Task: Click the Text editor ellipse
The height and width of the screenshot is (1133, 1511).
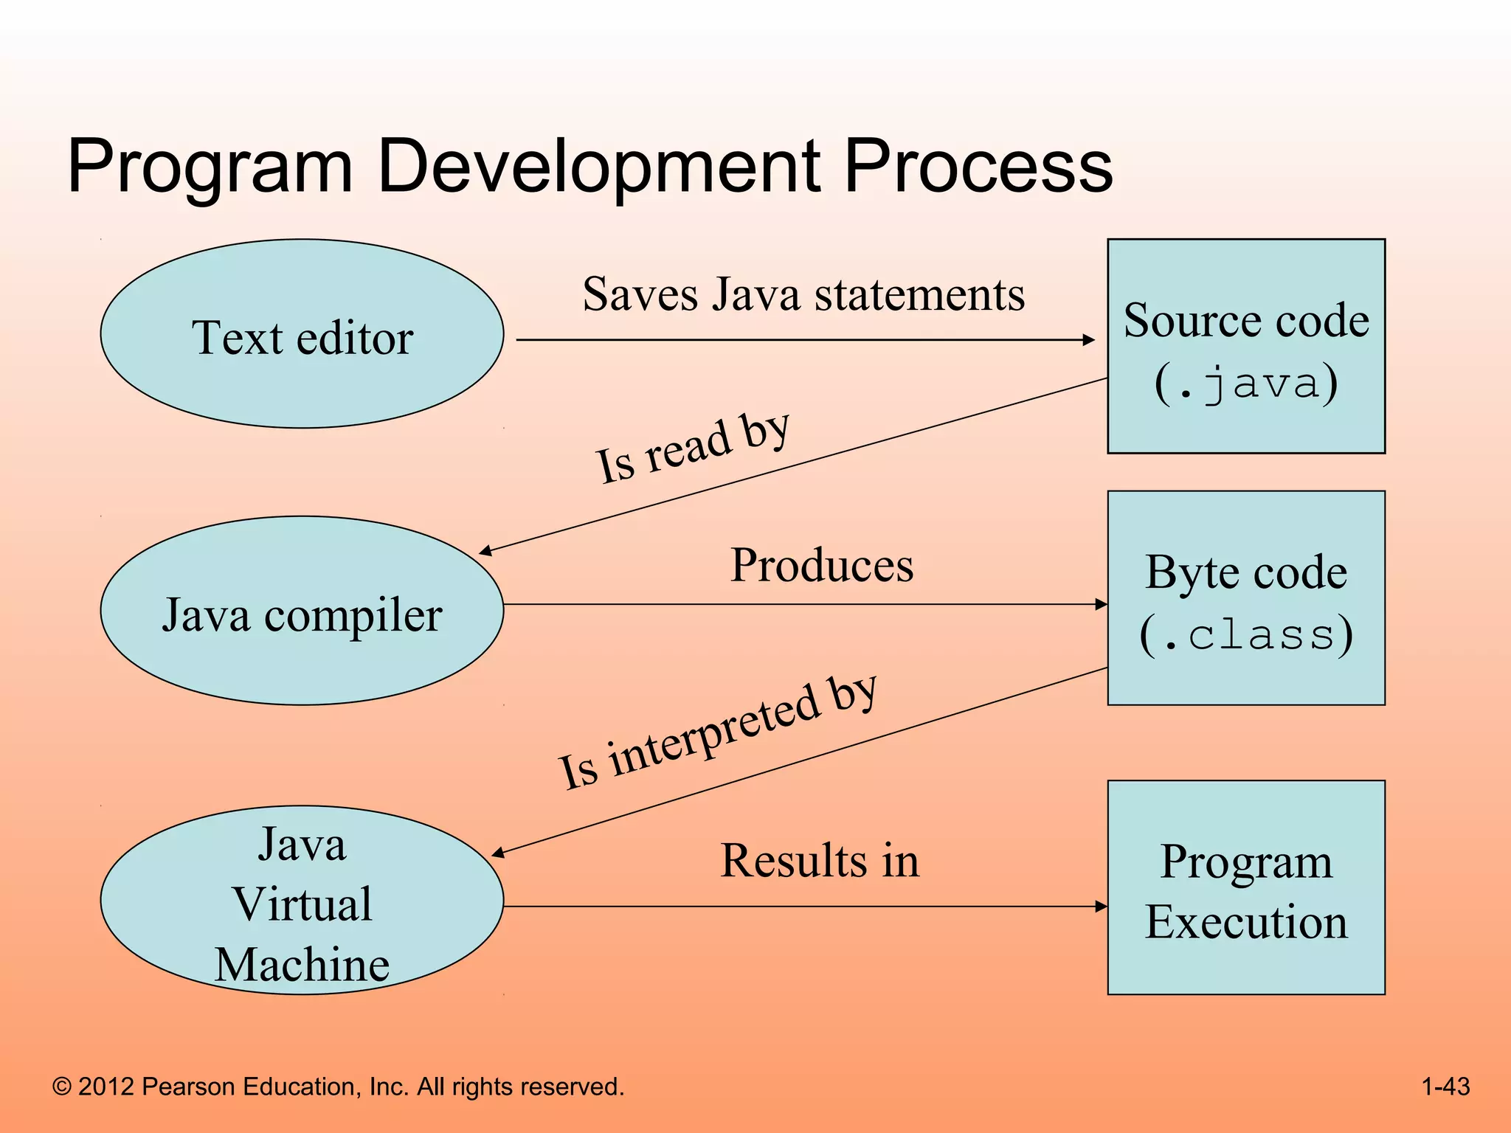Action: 302,333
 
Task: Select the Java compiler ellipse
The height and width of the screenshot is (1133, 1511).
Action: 302,611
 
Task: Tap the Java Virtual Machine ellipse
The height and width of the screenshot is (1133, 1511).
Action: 302,901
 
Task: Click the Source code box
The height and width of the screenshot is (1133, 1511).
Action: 1245,345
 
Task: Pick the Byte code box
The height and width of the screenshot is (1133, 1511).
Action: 1245,597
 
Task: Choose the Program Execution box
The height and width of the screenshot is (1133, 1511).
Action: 1245,887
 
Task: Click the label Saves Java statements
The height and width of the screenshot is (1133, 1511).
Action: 803,294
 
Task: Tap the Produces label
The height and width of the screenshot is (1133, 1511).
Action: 821,566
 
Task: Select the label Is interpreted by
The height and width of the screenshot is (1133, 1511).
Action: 717,733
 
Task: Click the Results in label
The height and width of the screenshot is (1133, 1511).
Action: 820,861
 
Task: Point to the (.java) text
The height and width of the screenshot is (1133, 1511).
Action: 1245,384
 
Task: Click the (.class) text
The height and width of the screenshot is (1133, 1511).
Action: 1245,634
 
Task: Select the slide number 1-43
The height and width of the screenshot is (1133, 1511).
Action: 1445,1087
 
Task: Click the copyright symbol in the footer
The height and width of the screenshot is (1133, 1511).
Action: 62,1087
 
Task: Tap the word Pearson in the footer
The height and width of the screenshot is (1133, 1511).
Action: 188,1087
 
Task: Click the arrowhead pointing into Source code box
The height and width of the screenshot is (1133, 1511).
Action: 1089,340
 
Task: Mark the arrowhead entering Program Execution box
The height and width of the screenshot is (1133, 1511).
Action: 1102,907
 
